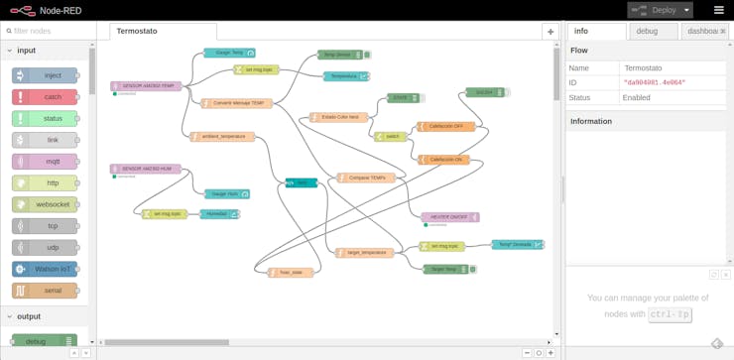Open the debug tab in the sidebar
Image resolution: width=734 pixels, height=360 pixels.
647,31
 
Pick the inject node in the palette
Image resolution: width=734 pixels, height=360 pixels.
46,75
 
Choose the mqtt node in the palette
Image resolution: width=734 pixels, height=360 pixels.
46,162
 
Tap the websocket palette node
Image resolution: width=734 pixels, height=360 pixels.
46,204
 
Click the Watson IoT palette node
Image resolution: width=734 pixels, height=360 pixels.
46,269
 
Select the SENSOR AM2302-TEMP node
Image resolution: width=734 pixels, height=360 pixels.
147,86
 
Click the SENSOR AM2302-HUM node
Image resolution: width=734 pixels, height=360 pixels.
146,169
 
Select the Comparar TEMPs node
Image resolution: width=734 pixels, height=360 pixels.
366,178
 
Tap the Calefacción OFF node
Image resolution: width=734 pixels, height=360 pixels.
445,127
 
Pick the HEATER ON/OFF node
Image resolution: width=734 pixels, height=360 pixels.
449,217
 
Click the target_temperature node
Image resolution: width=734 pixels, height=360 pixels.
364,253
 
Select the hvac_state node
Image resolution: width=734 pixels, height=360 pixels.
291,273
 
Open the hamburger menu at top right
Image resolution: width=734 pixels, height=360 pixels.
719,10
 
